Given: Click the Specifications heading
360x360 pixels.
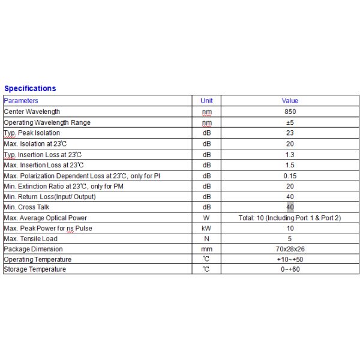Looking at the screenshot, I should point(30,89).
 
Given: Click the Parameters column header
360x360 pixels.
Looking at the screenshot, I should point(21,101).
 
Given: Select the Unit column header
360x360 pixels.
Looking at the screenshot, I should point(206,101).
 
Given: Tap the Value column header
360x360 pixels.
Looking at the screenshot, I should point(290,101).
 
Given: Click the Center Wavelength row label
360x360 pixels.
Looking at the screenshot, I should point(32,112).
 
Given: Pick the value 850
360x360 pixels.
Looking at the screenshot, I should point(290,112).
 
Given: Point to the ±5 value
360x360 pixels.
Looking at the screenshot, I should point(290,122).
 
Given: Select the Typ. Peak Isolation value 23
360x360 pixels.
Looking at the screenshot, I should point(290,133).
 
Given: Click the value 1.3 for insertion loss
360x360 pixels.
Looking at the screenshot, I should point(290,154).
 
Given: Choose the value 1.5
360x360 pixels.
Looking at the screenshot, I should point(290,165).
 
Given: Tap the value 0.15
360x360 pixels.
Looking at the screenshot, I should point(290,176).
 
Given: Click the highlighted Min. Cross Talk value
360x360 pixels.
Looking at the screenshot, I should point(290,207).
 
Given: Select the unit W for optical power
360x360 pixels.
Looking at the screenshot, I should point(206,218).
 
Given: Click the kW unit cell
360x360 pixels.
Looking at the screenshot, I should point(206,229).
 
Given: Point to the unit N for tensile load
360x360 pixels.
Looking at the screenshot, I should point(206,239).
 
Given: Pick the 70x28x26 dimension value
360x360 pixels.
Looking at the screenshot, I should point(290,249).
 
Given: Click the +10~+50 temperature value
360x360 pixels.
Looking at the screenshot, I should point(290,259).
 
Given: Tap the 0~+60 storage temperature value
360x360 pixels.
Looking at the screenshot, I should point(290,269).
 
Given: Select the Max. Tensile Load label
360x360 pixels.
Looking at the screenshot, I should point(31,239).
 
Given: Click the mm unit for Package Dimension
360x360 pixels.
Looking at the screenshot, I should point(206,249).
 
